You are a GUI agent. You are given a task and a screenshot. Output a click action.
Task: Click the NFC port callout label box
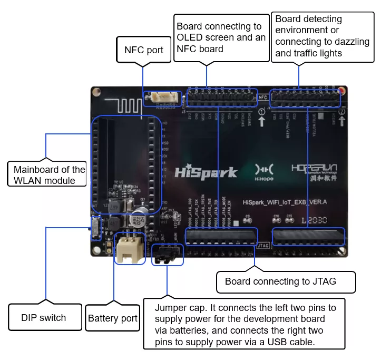pyautogui.click(x=144, y=50)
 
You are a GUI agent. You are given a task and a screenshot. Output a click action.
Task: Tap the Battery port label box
pyautogui.click(x=112, y=318)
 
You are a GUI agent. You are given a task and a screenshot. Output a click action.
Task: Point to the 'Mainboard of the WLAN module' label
pyautogui.click(x=48, y=175)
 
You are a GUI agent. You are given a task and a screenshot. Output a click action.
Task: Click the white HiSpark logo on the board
pyautogui.click(x=206, y=172)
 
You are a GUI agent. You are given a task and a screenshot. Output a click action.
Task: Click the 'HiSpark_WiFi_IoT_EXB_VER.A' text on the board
pyautogui.click(x=285, y=201)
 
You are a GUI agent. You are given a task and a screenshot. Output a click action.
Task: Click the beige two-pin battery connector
pyautogui.click(x=130, y=249)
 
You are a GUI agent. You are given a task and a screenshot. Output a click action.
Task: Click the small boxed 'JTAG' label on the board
pyautogui.click(x=263, y=246)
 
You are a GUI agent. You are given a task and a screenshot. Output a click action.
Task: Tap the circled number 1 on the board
pyautogui.click(x=262, y=112)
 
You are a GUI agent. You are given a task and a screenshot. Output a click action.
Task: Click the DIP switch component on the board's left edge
pyautogui.click(x=95, y=228)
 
